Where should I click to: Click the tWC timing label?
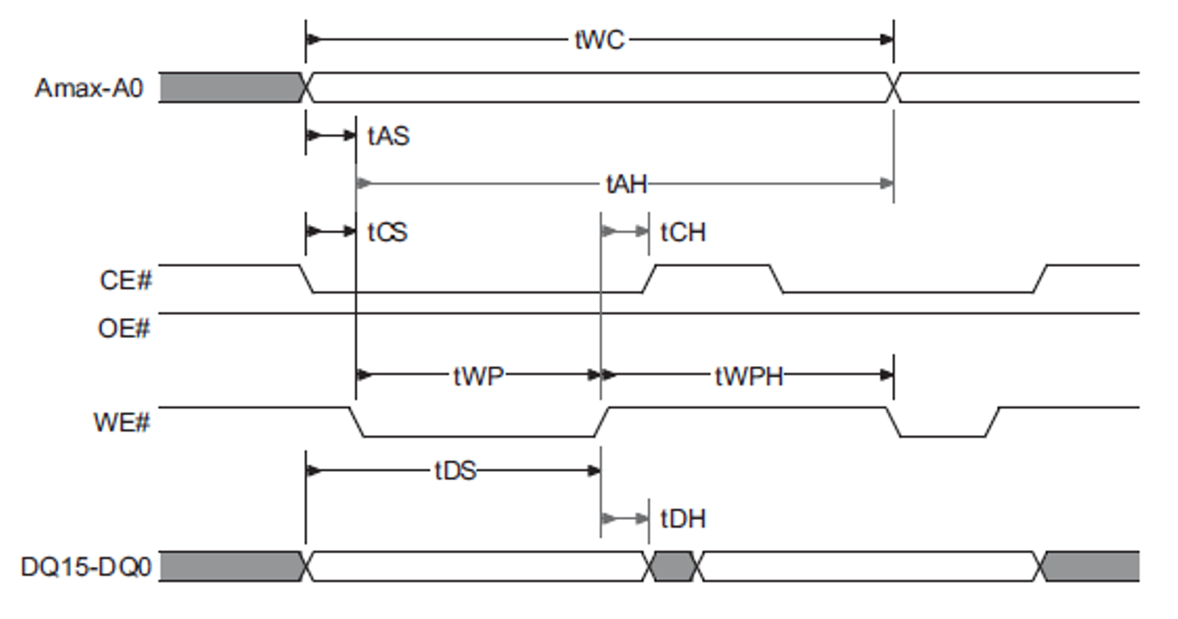pyautogui.click(x=599, y=40)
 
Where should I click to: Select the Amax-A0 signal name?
pyautogui.click(x=88, y=88)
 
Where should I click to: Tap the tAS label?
pyautogui.click(x=388, y=136)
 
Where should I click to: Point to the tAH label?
pyautogui.click(x=626, y=184)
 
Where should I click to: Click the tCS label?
pyautogui.click(x=388, y=232)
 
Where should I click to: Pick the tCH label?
pyautogui.click(x=682, y=232)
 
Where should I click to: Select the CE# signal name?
pyautogui.click(x=125, y=280)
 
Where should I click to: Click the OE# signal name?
pyautogui.click(x=124, y=329)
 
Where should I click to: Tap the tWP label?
pyautogui.click(x=478, y=376)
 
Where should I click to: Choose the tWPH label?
pyautogui.click(x=749, y=376)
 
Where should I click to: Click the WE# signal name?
pyautogui.click(x=121, y=423)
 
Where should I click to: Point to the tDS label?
pyautogui.click(x=455, y=471)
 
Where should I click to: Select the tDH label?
pyautogui.click(x=682, y=519)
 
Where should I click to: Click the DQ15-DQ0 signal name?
pyautogui.click(x=86, y=567)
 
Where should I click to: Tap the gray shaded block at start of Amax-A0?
pyautogui.click(x=230, y=88)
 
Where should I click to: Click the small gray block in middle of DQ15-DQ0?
pyautogui.click(x=673, y=567)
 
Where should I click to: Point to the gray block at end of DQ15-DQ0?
pyautogui.click(x=1091, y=567)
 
